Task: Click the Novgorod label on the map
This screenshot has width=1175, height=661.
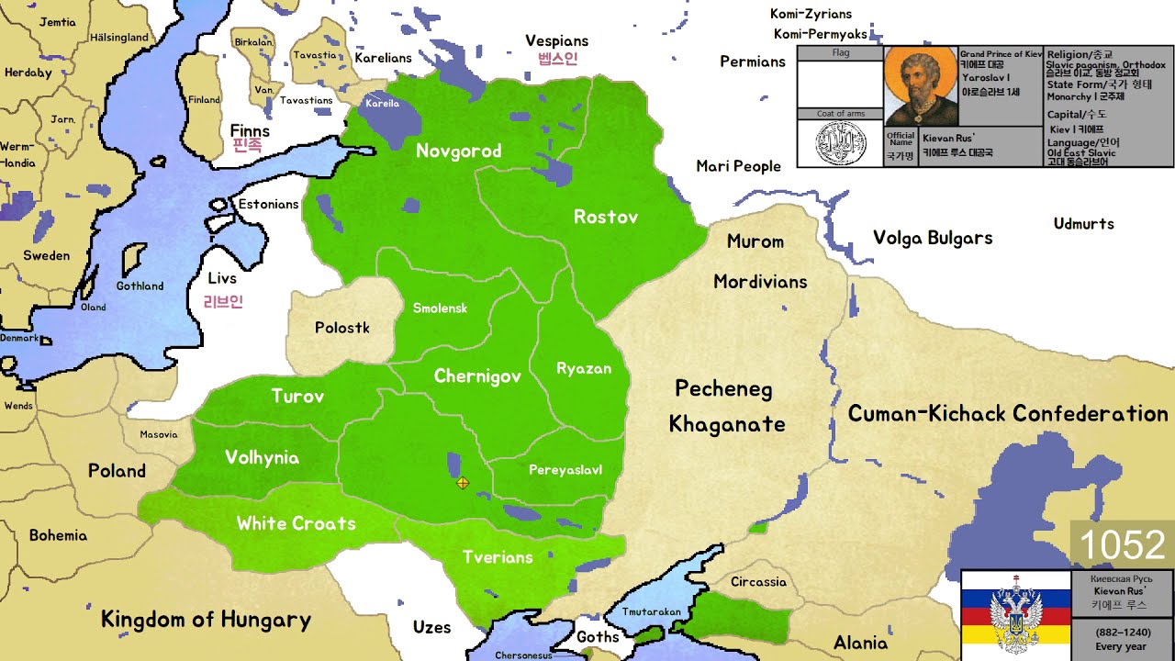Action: [x=458, y=151]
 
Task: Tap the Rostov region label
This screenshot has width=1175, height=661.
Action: [x=605, y=217]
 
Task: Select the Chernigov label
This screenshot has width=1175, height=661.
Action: [x=477, y=376]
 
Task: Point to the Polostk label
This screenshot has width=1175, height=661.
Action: [x=341, y=328]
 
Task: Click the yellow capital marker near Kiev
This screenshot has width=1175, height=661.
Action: [x=463, y=483]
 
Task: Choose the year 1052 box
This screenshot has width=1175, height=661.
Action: [x=1122, y=545]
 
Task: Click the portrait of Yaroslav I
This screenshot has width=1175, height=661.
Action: [x=921, y=87]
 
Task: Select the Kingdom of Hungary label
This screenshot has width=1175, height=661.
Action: [x=206, y=620]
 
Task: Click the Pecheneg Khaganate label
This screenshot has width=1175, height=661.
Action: [x=726, y=406]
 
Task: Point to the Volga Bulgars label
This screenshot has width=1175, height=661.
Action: [x=932, y=238]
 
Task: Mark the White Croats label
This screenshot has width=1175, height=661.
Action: [x=296, y=523]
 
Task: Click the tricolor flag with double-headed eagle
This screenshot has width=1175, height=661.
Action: [x=1015, y=615]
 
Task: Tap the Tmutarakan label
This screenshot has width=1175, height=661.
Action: [x=651, y=611]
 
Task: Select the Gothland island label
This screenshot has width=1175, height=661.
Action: [x=140, y=286]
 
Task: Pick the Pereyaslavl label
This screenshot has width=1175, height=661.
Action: [x=565, y=470]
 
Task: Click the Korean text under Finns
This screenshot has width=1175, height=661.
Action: [x=247, y=145]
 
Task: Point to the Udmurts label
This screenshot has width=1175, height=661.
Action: [x=1083, y=224]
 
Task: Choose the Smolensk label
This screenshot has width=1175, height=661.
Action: [x=440, y=308]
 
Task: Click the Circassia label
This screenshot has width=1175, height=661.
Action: [x=758, y=581]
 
